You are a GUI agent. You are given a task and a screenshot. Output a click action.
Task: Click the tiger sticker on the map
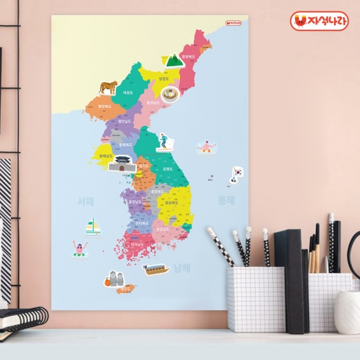click(x=109, y=88)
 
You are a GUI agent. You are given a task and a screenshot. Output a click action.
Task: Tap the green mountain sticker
click(x=173, y=60)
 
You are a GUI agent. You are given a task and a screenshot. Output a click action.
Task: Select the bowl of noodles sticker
click(x=170, y=94)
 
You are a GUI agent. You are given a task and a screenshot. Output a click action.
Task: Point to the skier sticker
click(x=163, y=140)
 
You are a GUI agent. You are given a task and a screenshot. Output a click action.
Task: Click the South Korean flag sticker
click(x=237, y=172)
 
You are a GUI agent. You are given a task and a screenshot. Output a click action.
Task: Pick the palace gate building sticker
click(x=122, y=163)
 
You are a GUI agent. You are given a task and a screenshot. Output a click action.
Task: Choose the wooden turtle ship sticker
click(x=156, y=269)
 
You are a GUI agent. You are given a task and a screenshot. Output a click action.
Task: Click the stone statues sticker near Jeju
click(x=115, y=277)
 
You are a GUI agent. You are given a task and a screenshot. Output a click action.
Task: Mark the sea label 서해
click(x=86, y=202)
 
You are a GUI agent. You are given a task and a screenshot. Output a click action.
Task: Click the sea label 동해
click(x=226, y=200)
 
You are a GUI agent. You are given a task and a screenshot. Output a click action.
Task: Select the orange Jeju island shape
click(x=126, y=289)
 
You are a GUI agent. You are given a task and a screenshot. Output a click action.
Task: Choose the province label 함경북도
click(x=189, y=55)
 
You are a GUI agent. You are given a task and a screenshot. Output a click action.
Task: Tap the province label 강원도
click(x=167, y=168)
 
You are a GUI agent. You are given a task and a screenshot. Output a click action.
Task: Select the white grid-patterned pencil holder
click(x=256, y=299)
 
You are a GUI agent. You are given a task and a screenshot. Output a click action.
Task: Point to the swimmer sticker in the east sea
click(x=207, y=148)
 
